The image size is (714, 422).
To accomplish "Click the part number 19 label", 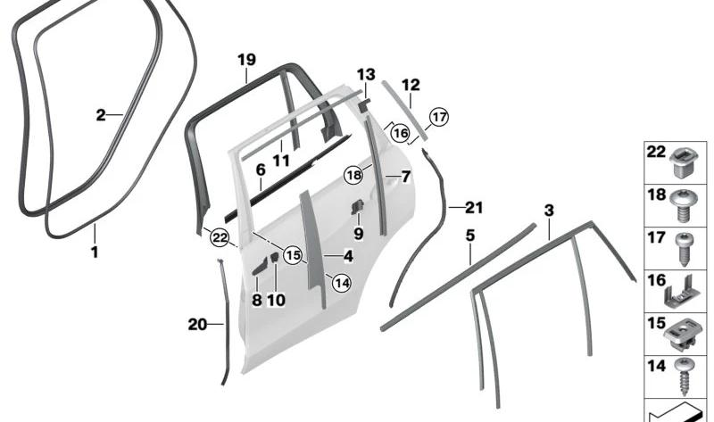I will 246,60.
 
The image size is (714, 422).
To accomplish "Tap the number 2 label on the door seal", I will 102,114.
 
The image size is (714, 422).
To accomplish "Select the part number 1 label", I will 94,252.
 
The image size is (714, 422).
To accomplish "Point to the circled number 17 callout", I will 437,117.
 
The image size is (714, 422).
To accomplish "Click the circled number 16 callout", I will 400,133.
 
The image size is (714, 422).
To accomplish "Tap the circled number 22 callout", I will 219,236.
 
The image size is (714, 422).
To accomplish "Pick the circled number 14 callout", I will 341,282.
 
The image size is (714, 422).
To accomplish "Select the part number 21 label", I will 473,209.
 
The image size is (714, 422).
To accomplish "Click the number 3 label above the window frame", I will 549,211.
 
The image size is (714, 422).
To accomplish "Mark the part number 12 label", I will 410,86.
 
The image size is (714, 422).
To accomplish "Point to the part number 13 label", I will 367,73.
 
